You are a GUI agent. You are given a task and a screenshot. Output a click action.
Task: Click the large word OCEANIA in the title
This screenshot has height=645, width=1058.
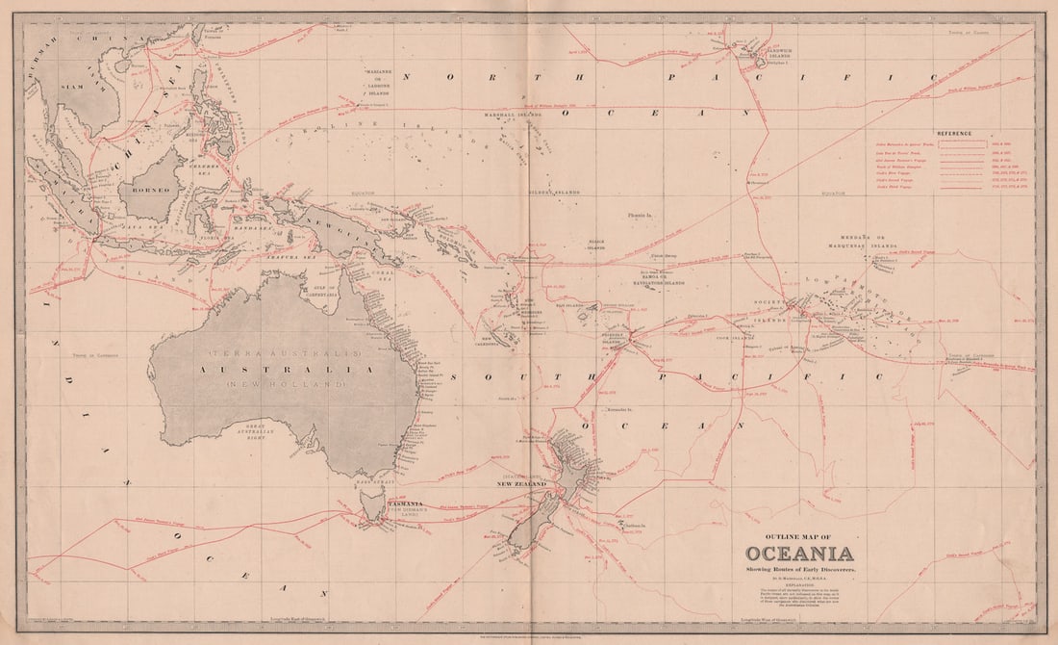click(798, 554)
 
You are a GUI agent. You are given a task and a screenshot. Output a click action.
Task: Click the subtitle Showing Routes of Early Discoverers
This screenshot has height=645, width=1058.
click(797, 573)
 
